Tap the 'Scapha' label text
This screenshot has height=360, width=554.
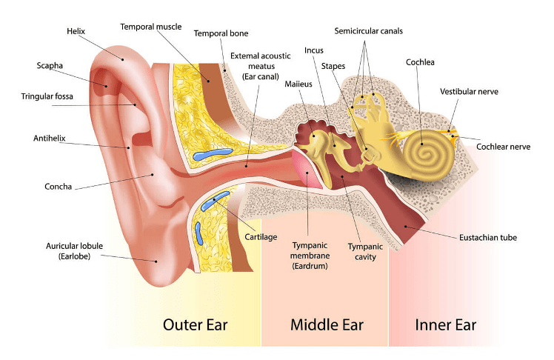pos(50,65)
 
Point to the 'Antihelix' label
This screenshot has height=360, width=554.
pos(49,139)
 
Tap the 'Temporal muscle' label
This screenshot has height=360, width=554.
pos(150,27)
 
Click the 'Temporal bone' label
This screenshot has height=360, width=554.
pos(221,33)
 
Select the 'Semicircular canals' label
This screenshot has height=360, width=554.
pos(369,31)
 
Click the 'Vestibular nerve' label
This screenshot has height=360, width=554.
pos(469,91)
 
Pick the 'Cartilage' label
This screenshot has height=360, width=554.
pos(261,237)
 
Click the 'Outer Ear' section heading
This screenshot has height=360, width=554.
pos(195,324)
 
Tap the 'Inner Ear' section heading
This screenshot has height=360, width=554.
pos(445,324)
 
